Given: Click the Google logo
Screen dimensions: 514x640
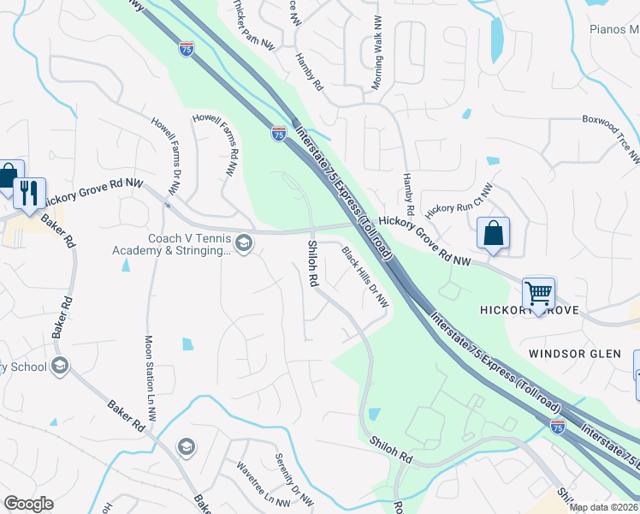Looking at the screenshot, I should [x=29, y=504].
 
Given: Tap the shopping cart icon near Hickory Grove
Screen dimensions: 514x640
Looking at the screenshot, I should [x=539, y=294].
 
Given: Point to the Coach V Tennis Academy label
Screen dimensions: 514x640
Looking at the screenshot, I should [x=172, y=244].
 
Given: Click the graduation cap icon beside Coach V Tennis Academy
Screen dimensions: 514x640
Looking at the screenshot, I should [x=244, y=244].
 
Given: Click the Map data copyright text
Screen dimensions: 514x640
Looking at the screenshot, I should [x=602, y=507].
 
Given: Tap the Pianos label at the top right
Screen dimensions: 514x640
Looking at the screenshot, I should [x=613, y=29].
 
